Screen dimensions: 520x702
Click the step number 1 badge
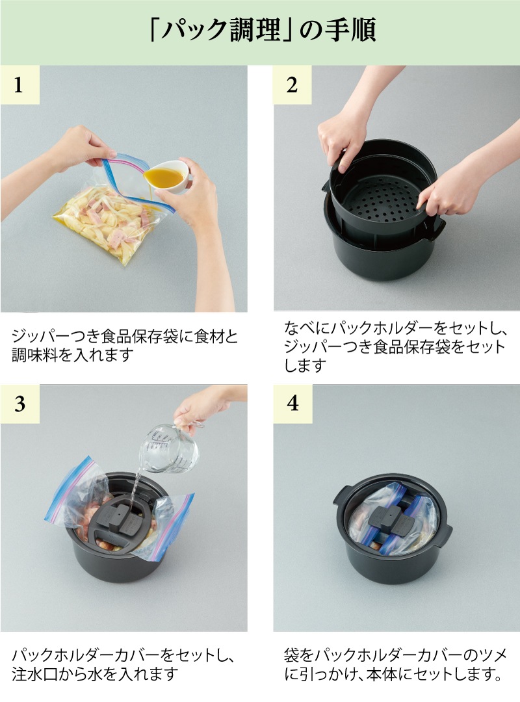(x=19, y=84)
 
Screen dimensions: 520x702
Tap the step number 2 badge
(x=292, y=84)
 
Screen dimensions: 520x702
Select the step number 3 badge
(x=19, y=404)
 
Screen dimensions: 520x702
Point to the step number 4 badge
(x=292, y=404)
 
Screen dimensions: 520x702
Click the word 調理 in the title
(x=255, y=30)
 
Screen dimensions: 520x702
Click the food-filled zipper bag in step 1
(x=112, y=215)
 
